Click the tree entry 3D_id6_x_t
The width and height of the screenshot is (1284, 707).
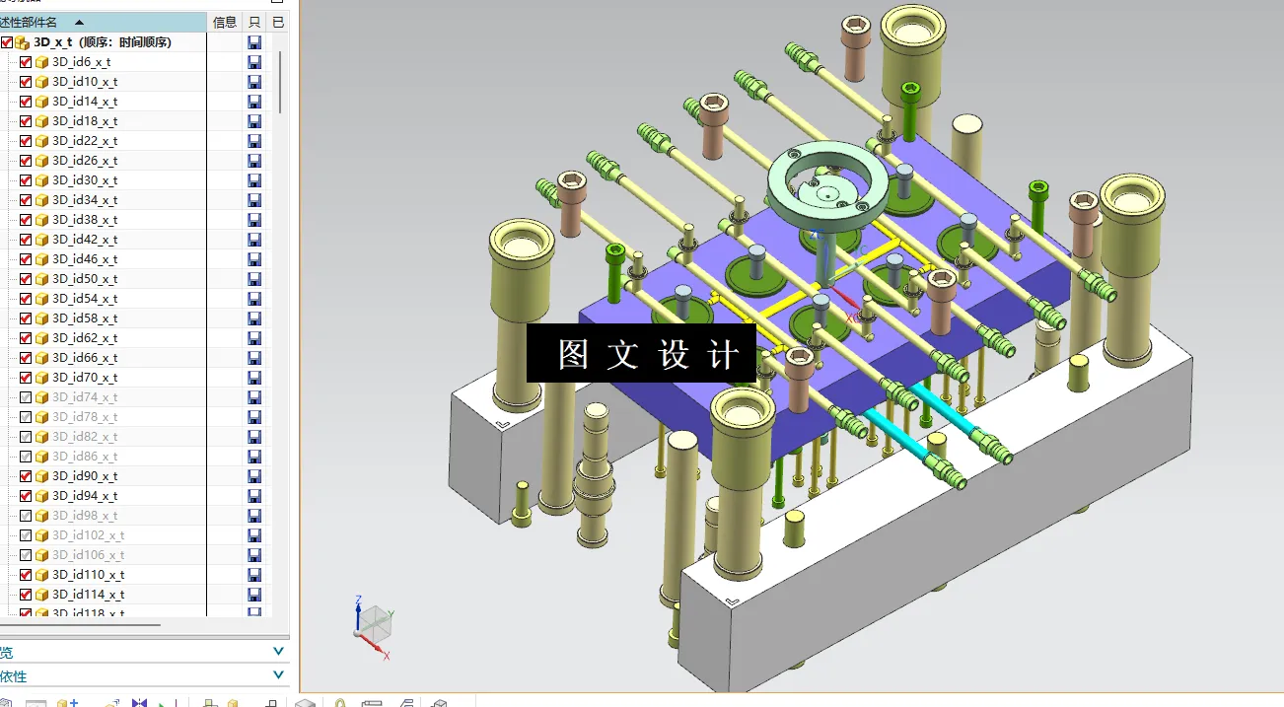coord(81,62)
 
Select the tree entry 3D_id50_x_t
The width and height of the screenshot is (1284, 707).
coord(85,279)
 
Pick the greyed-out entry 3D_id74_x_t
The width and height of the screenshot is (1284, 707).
coord(85,397)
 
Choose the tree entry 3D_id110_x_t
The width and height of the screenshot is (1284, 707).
coord(88,575)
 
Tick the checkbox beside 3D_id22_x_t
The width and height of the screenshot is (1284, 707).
coord(26,141)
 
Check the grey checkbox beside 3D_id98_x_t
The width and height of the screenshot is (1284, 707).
coord(26,516)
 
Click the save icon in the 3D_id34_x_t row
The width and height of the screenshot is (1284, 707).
coord(254,200)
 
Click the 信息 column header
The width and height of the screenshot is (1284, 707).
coord(225,22)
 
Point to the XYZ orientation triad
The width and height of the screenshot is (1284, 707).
coord(374,624)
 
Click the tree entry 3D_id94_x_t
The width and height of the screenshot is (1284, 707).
coord(85,496)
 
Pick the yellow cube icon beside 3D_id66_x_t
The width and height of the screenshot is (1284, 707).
coord(41,358)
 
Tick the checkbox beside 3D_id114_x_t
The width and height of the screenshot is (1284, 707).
coord(26,595)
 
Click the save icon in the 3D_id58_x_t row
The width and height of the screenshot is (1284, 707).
coord(254,318)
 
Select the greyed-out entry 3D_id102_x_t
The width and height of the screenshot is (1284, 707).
coord(88,535)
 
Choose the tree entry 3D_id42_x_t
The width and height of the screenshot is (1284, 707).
coord(85,240)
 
